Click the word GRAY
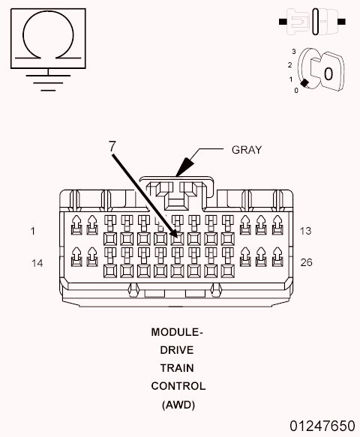pos(246,149)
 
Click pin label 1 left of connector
pos(33,231)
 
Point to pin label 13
pos(305,231)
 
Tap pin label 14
pos(37,262)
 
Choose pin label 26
pos(305,262)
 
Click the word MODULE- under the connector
pos(177,332)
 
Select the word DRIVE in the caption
pos(177,350)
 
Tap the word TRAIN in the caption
pos(177,368)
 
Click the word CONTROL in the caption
pos(178,386)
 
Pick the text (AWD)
pos(178,405)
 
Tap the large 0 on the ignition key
pos(328,73)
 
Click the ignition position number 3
pos(294,51)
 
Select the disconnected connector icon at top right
pos(315,20)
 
